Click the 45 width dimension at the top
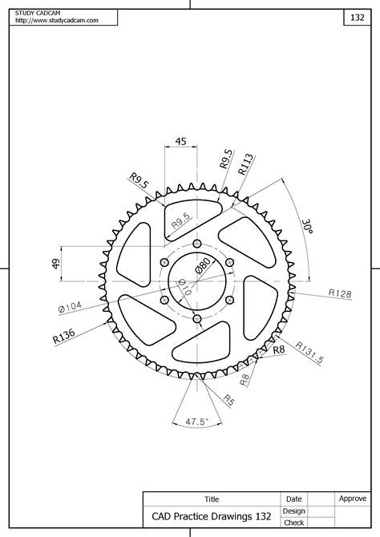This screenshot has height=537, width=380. (180, 141)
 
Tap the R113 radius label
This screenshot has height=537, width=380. (245, 164)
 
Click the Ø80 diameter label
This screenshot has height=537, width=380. (203, 265)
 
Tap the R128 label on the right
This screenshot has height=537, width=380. (340, 294)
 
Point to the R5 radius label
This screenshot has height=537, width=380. (228, 398)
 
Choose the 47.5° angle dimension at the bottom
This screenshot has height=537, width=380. (197, 421)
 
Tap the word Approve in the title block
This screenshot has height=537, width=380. (352, 499)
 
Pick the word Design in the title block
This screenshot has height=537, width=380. (293, 511)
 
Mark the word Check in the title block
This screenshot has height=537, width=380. (293, 523)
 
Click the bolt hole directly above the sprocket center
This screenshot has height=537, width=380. (196, 245)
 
